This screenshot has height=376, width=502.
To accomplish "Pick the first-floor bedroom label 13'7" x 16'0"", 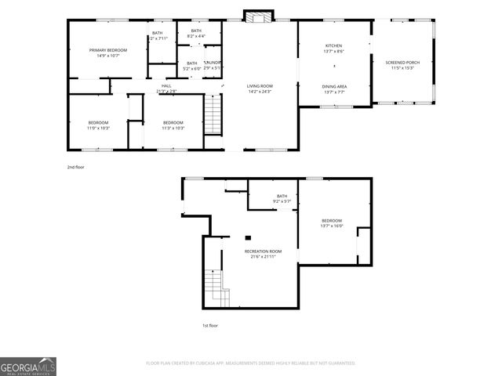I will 331,223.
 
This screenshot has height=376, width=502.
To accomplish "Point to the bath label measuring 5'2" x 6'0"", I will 191,65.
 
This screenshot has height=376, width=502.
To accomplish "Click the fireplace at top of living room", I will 256,16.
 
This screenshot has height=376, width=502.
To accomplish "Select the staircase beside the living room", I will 214,114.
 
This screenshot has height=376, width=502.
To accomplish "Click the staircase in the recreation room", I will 213,285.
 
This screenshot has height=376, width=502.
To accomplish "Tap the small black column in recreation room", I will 248,237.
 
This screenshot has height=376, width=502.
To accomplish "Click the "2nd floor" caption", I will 76,168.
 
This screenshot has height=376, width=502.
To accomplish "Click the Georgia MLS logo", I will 28,366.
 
